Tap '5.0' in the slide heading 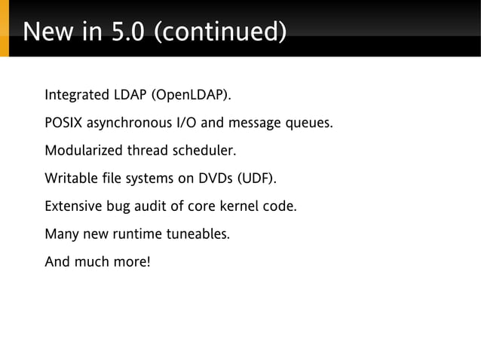127,32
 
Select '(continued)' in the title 220,32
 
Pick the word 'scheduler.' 205,151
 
